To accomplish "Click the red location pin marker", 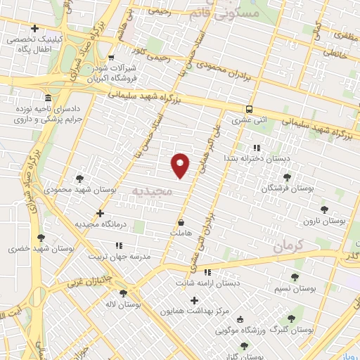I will (x=181, y=165).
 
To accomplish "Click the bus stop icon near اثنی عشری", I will (x=249, y=108).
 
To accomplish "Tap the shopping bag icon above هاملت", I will (x=181, y=220).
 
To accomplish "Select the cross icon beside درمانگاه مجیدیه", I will (x=101, y=212).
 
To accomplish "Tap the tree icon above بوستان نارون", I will (x=324, y=209).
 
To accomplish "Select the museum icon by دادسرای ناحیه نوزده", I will (x=47, y=97).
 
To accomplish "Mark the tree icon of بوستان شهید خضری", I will (x=41, y=238).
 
